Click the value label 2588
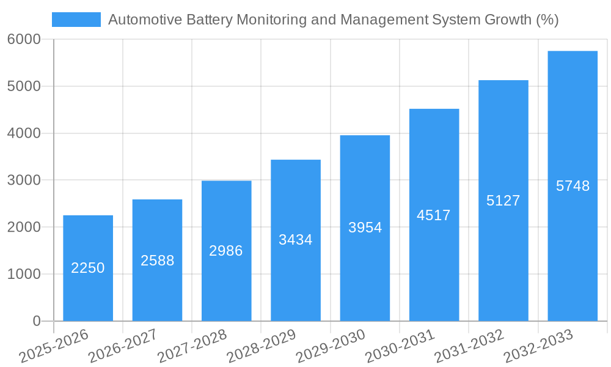click(157, 261)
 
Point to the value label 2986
click(226, 251)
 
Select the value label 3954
click(365, 228)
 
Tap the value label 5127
click(503, 201)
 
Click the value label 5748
click(573, 186)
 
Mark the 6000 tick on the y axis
click(24, 39)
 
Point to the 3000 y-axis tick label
click(24, 180)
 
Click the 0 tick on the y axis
click(36, 321)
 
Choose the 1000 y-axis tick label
click(24, 274)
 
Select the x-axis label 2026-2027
click(122, 346)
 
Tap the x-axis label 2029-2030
click(330, 346)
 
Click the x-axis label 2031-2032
click(469, 346)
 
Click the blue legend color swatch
click(76, 20)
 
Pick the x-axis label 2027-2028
click(192, 346)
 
